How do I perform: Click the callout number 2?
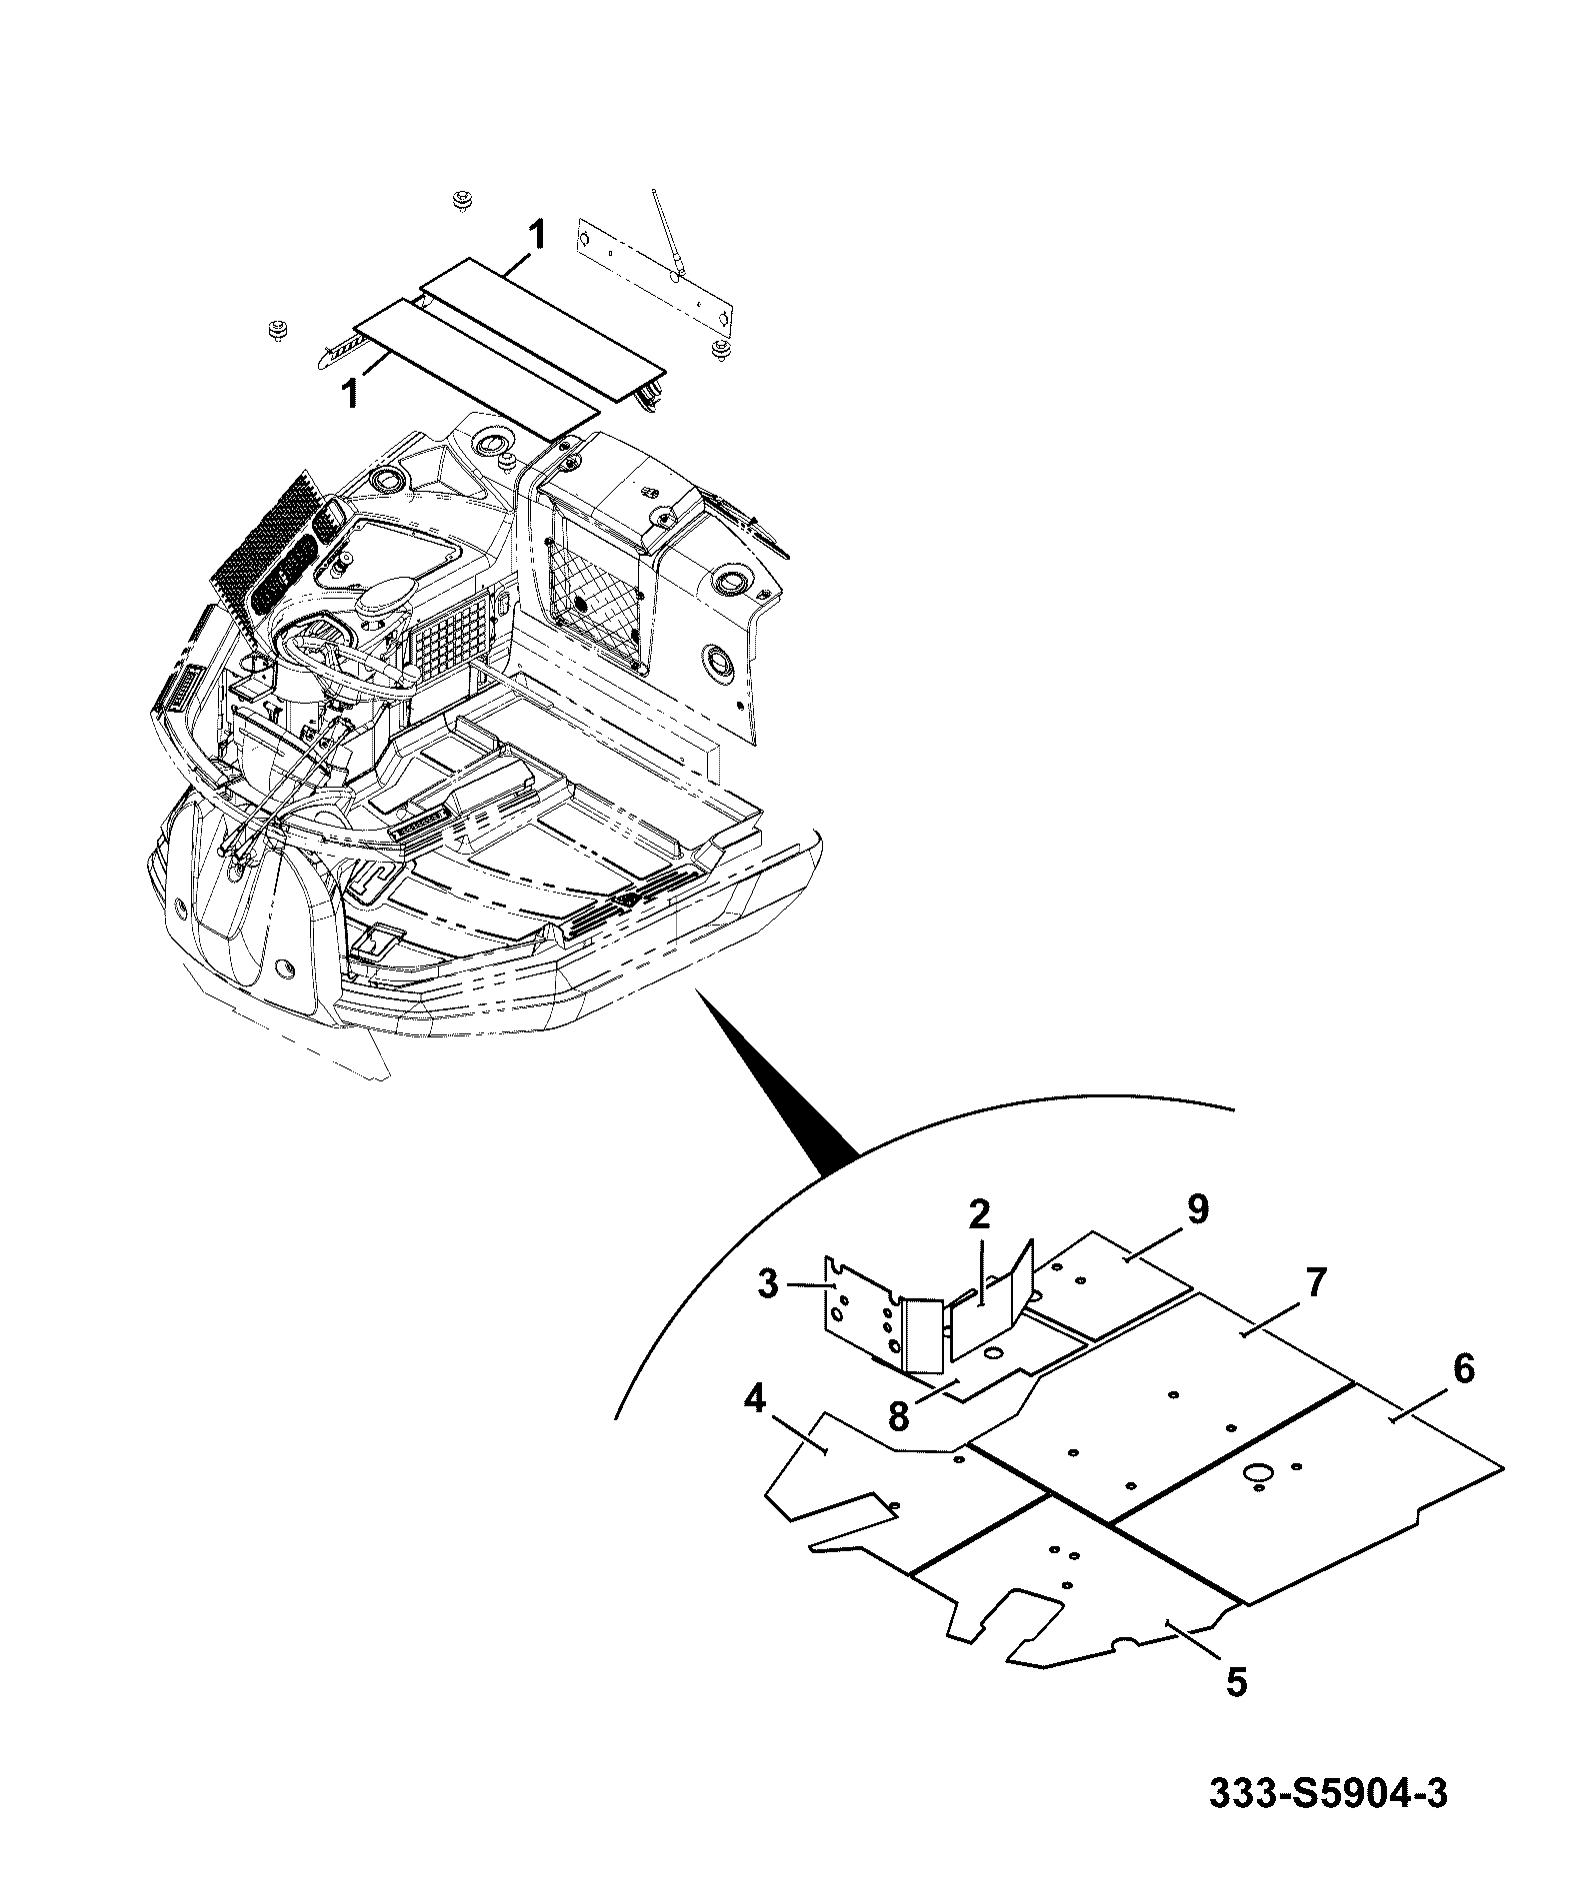pos(979,1215)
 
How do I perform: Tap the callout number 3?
pos(767,1284)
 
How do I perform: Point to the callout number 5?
pos(1237,1681)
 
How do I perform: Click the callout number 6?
pos(1463,1369)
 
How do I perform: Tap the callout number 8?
pos(898,1415)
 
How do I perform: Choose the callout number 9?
pos(1197,1209)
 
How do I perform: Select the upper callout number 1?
pos(537,237)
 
